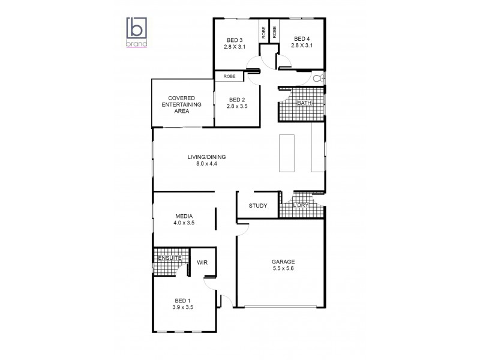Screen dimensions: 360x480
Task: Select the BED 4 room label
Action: [301, 38]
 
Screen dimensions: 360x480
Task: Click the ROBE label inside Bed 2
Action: [229, 76]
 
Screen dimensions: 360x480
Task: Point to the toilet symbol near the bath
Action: [319, 78]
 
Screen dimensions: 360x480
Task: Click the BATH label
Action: [304, 103]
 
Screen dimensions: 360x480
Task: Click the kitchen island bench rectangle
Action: [286, 153]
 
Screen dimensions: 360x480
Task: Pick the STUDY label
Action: [258, 206]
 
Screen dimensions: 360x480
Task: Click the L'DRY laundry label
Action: [301, 206]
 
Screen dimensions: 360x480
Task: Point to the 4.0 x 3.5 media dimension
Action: [184, 223]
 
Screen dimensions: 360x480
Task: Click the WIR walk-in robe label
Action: [202, 262]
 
